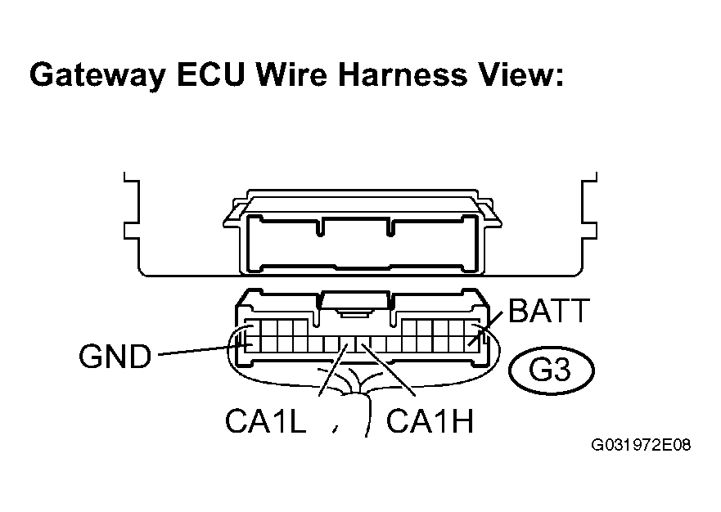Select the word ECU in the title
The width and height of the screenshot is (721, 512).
point(210,74)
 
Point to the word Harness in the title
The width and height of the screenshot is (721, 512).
point(403,74)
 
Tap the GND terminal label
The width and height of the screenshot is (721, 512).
point(115,356)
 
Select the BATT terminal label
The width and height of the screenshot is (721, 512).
point(548,310)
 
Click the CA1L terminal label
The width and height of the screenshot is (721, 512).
point(265,420)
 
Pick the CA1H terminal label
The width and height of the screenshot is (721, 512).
point(430,420)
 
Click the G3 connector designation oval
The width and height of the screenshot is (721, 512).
point(552,370)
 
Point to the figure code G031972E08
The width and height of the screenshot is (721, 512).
point(641,445)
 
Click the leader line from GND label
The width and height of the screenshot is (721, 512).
point(204,350)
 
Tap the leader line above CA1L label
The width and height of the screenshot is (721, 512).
point(333,370)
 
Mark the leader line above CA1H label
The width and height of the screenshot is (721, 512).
point(389,370)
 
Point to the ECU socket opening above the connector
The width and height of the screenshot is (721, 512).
point(362,244)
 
